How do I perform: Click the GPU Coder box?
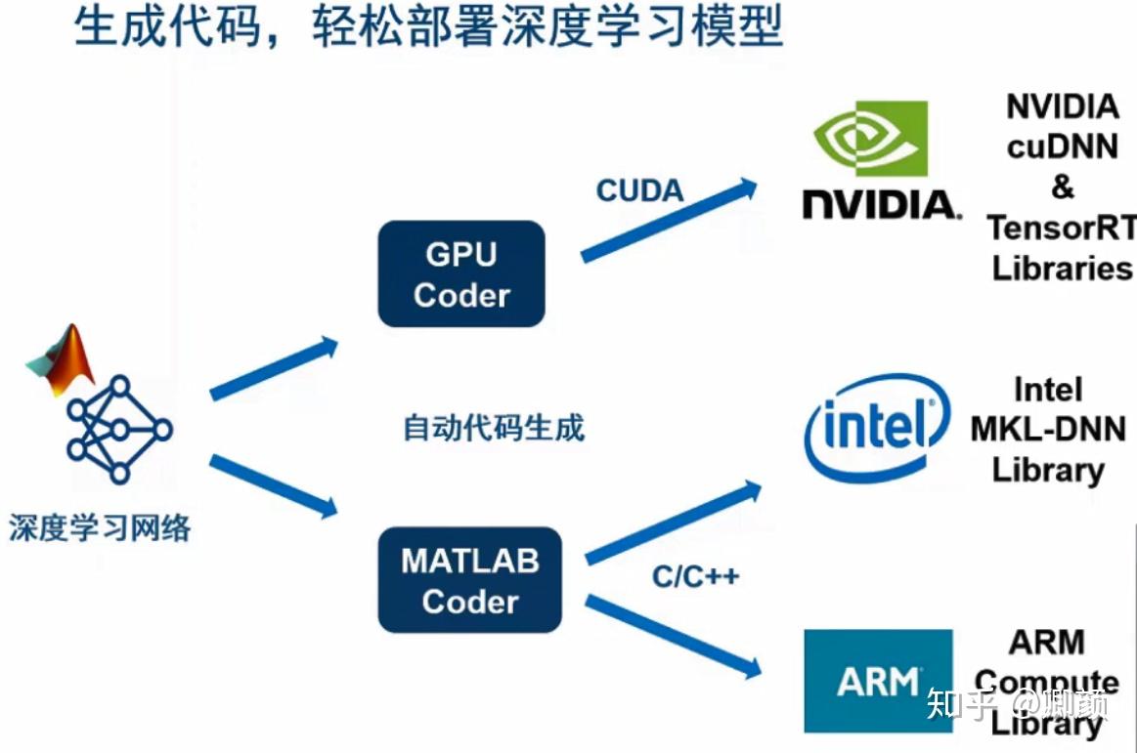[460, 273]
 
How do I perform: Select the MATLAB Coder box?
[470, 580]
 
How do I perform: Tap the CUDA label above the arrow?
[640, 190]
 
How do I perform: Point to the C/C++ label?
[695, 576]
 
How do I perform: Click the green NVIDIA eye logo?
[870, 138]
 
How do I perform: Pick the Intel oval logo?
[876, 428]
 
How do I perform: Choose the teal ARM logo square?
[877, 681]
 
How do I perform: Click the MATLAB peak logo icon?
[61, 358]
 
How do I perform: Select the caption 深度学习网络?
[99, 528]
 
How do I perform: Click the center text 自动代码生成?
[494, 428]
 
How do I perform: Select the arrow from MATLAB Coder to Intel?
[673, 523]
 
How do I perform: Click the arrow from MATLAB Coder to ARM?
[673, 636]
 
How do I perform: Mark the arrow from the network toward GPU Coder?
[274, 368]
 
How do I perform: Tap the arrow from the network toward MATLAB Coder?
[274, 485]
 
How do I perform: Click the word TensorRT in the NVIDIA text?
[1061, 228]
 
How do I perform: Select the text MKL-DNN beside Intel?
[1048, 429]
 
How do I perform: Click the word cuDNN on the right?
[1063, 146]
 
